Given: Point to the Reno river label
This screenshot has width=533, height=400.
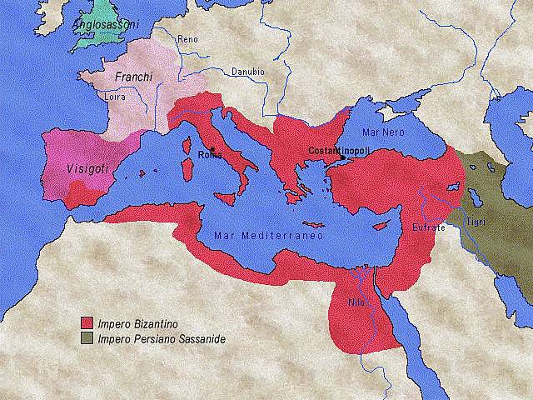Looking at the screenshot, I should click(x=188, y=39).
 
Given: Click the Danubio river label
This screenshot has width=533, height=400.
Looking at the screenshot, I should click(x=247, y=72).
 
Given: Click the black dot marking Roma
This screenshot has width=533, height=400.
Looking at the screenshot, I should click(x=212, y=147).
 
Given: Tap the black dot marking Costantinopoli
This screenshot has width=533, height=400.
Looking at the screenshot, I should click(x=342, y=157).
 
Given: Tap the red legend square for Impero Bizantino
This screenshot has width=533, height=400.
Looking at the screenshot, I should click(x=86, y=324).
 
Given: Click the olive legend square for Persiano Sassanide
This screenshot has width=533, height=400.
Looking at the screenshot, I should click(x=86, y=339).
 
